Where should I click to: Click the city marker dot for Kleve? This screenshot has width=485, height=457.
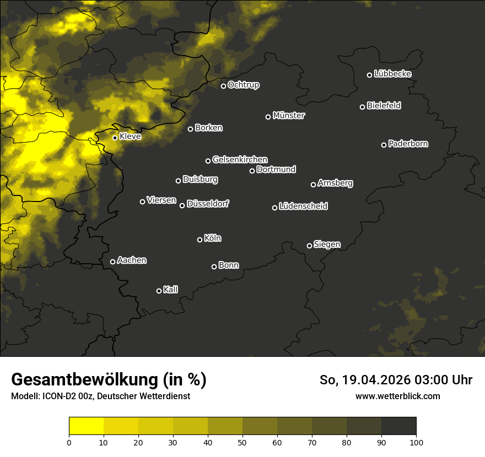click(115, 138)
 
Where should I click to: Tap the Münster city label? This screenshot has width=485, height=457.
click(289, 116)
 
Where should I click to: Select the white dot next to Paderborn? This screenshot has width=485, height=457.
click(384, 145)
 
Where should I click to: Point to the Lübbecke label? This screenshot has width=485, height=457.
click(392, 74)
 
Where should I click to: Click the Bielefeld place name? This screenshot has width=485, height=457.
click(384, 106)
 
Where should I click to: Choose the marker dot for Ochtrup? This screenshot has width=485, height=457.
click(223, 86)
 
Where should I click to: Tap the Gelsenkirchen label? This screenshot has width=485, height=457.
click(240, 160)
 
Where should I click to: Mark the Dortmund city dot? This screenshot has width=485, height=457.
click(252, 171)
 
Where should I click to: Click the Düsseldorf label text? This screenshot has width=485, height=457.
click(208, 204)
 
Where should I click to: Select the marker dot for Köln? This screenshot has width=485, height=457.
click(200, 240)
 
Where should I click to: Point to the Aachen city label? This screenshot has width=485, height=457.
click(132, 260)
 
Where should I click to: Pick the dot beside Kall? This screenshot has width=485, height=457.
click(159, 291)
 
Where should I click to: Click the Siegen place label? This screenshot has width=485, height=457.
click(327, 244)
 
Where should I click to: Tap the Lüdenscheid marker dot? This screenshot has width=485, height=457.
click(274, 208)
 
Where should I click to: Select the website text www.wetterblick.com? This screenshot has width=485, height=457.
click(397, 396)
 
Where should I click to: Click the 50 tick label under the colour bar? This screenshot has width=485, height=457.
click(242, 442)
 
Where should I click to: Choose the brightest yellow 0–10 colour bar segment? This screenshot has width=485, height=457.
click(86, 426)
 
